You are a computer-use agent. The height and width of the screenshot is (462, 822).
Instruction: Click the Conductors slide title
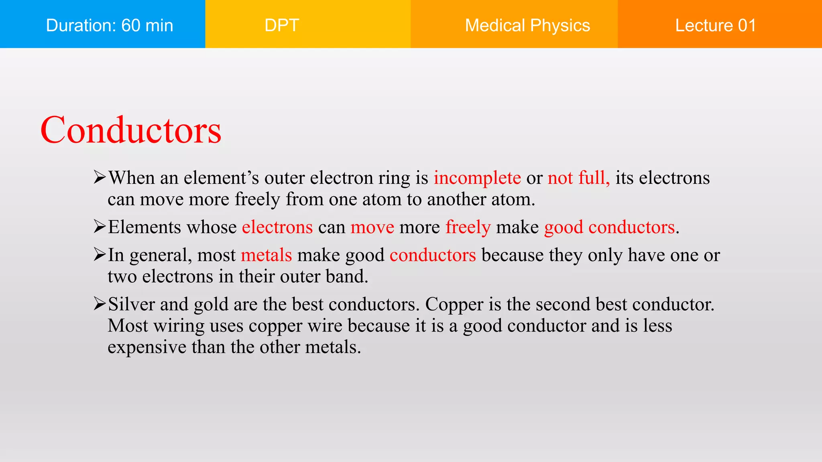pos(131,130)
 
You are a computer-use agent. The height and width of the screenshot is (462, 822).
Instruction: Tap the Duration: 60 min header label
pos(110,25)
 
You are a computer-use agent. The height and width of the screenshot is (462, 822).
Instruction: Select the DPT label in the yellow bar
pos(282,25)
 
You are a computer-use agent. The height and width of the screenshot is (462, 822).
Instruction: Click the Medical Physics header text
pos(527,25)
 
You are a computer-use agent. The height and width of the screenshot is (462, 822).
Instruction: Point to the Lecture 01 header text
pos(716,25)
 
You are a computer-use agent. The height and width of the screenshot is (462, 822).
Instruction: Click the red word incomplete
pos(477,178)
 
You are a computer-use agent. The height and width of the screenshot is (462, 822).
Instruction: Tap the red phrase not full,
pos(578,178)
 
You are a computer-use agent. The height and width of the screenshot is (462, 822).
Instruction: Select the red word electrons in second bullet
pos(277,227)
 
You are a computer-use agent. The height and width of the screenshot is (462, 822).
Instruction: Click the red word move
pos(372,227)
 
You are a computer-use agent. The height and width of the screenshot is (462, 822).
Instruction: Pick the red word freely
pos(468,227)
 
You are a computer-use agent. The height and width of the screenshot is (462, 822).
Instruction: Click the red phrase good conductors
pos(609,227)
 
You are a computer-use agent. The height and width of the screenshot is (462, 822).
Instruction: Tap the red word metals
pos(266,255)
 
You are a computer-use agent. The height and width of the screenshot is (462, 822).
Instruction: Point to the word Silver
pos(131,304)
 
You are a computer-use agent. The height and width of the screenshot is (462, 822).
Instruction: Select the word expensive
pos(147,347)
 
